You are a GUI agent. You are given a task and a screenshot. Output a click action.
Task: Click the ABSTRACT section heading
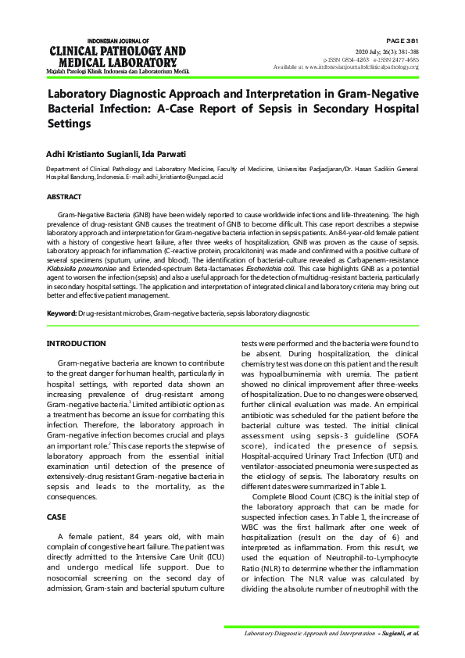tap(63, 197)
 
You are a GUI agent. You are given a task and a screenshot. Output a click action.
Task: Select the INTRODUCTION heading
tap(76, 344)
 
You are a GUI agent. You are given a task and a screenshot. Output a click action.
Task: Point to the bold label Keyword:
tap(62, 313)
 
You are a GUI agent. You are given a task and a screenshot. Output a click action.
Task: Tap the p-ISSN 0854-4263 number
tap(348, 59)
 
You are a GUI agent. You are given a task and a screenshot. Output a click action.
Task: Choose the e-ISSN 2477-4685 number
tap(395, 59)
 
